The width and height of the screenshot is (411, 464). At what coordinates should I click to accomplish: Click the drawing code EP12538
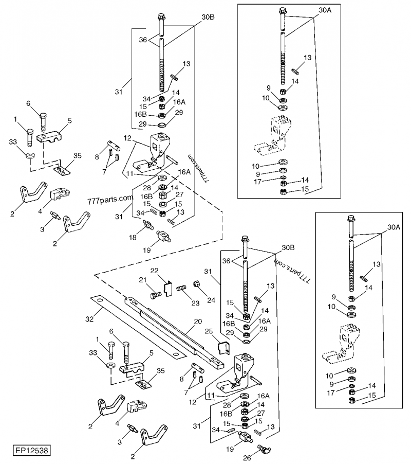(x=31, y=451)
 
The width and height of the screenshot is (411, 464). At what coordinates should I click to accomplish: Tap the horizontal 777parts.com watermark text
(x=110, y=200)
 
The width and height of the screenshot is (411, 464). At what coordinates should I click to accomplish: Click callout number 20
(x=198, y=322)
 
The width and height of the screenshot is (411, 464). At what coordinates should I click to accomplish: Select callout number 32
(x=89, y=319)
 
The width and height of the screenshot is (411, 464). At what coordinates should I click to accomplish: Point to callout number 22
(x=154, y=271)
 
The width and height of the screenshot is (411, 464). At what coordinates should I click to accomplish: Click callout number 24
(x=211, y=300)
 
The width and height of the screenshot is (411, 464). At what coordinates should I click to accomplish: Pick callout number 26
(x=247, y=458)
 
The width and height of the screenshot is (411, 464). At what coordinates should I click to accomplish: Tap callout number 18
(x=133, y=237)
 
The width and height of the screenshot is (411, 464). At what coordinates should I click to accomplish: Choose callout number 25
(x=209, y=331)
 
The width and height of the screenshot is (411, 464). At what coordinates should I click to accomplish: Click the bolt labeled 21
(x=156, y=295)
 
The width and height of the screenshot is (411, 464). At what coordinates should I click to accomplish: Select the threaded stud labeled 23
(x=182, y=288)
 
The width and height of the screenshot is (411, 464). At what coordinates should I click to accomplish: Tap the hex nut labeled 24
(x=196, y=283)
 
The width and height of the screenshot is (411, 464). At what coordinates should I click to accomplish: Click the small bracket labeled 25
(x=224, y=348)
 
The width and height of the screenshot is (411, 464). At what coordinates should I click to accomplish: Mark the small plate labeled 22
(x=168, y=288)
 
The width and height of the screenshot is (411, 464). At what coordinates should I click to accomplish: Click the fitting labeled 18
(x=148, y=225)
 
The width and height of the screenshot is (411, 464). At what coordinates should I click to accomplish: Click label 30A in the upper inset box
(x=325, y=10)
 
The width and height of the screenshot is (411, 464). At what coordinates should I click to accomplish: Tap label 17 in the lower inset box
(x=331, y=392)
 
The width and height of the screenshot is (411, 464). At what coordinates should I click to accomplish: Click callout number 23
(x=195, y=303)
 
